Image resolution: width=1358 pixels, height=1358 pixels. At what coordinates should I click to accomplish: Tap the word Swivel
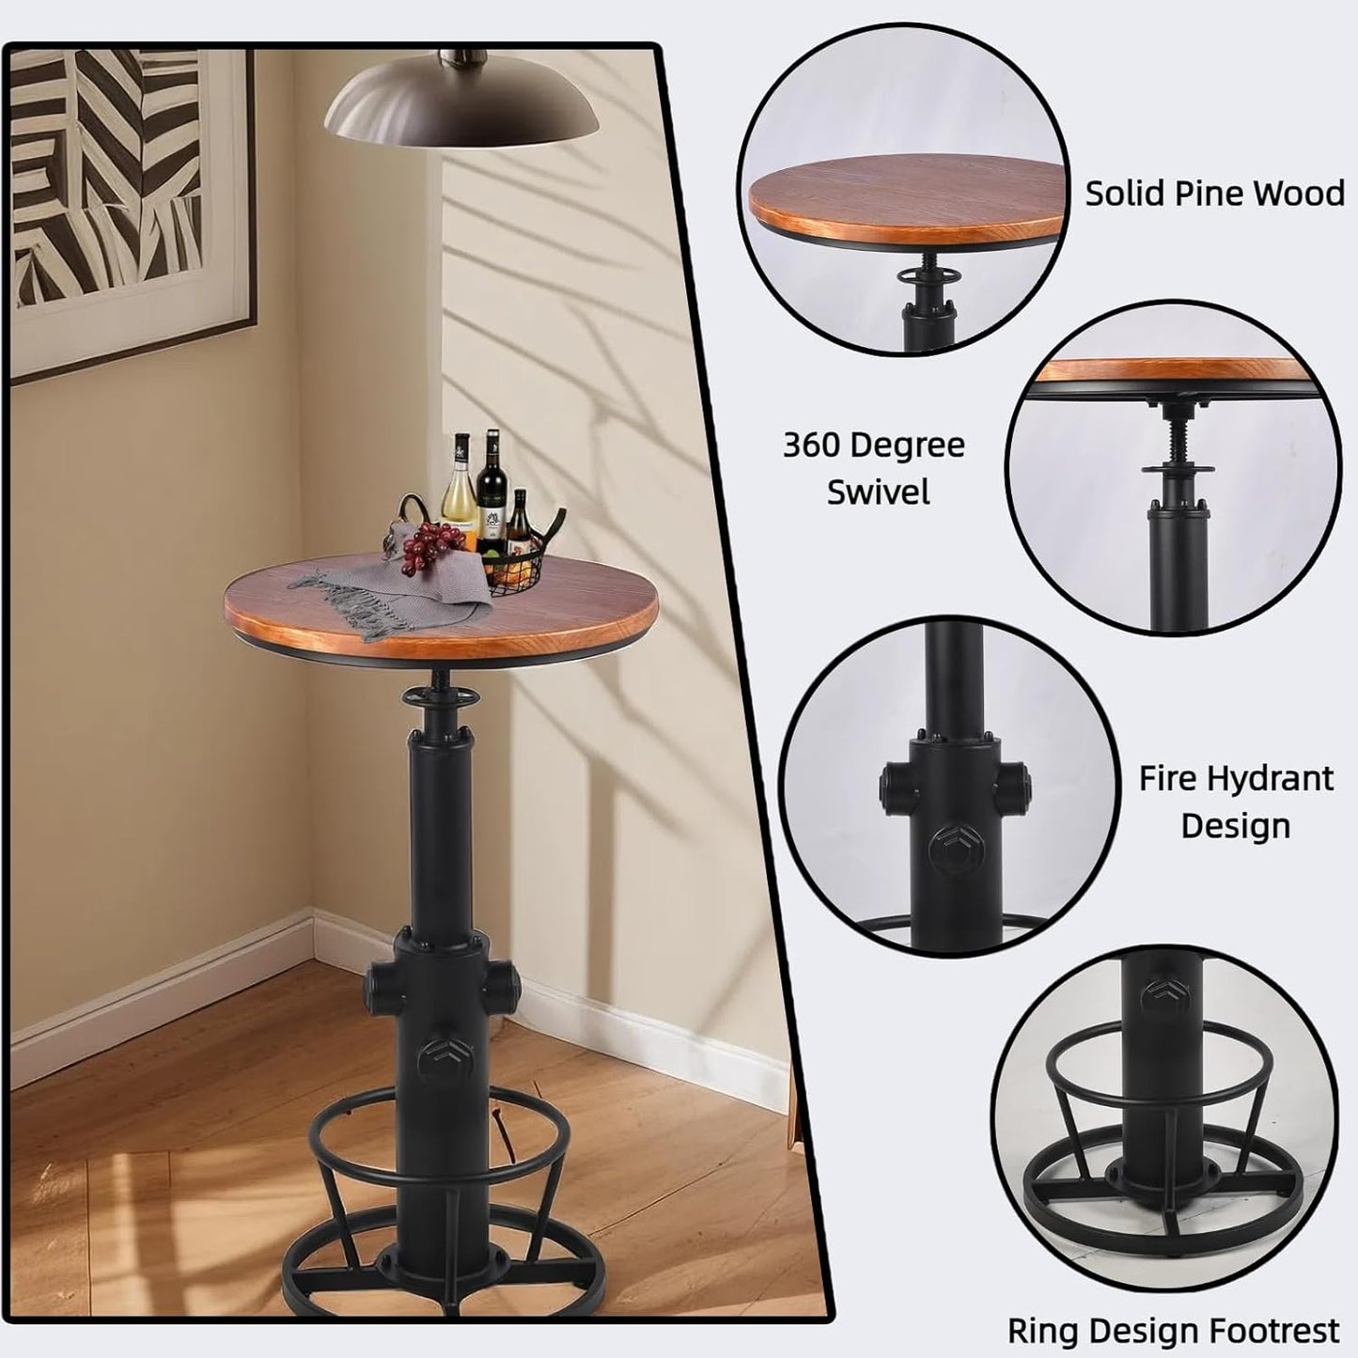click(x=878, y=492)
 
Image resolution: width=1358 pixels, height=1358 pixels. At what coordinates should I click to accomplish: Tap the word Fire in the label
click(x=1167, y=778)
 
